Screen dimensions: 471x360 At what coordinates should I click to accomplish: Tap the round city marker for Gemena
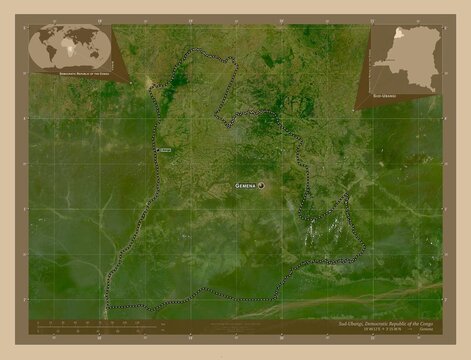coord(262,186)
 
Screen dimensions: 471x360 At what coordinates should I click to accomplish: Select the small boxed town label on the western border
coord(165,150)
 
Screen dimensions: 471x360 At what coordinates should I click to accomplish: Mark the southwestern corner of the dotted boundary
coord(107,305)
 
